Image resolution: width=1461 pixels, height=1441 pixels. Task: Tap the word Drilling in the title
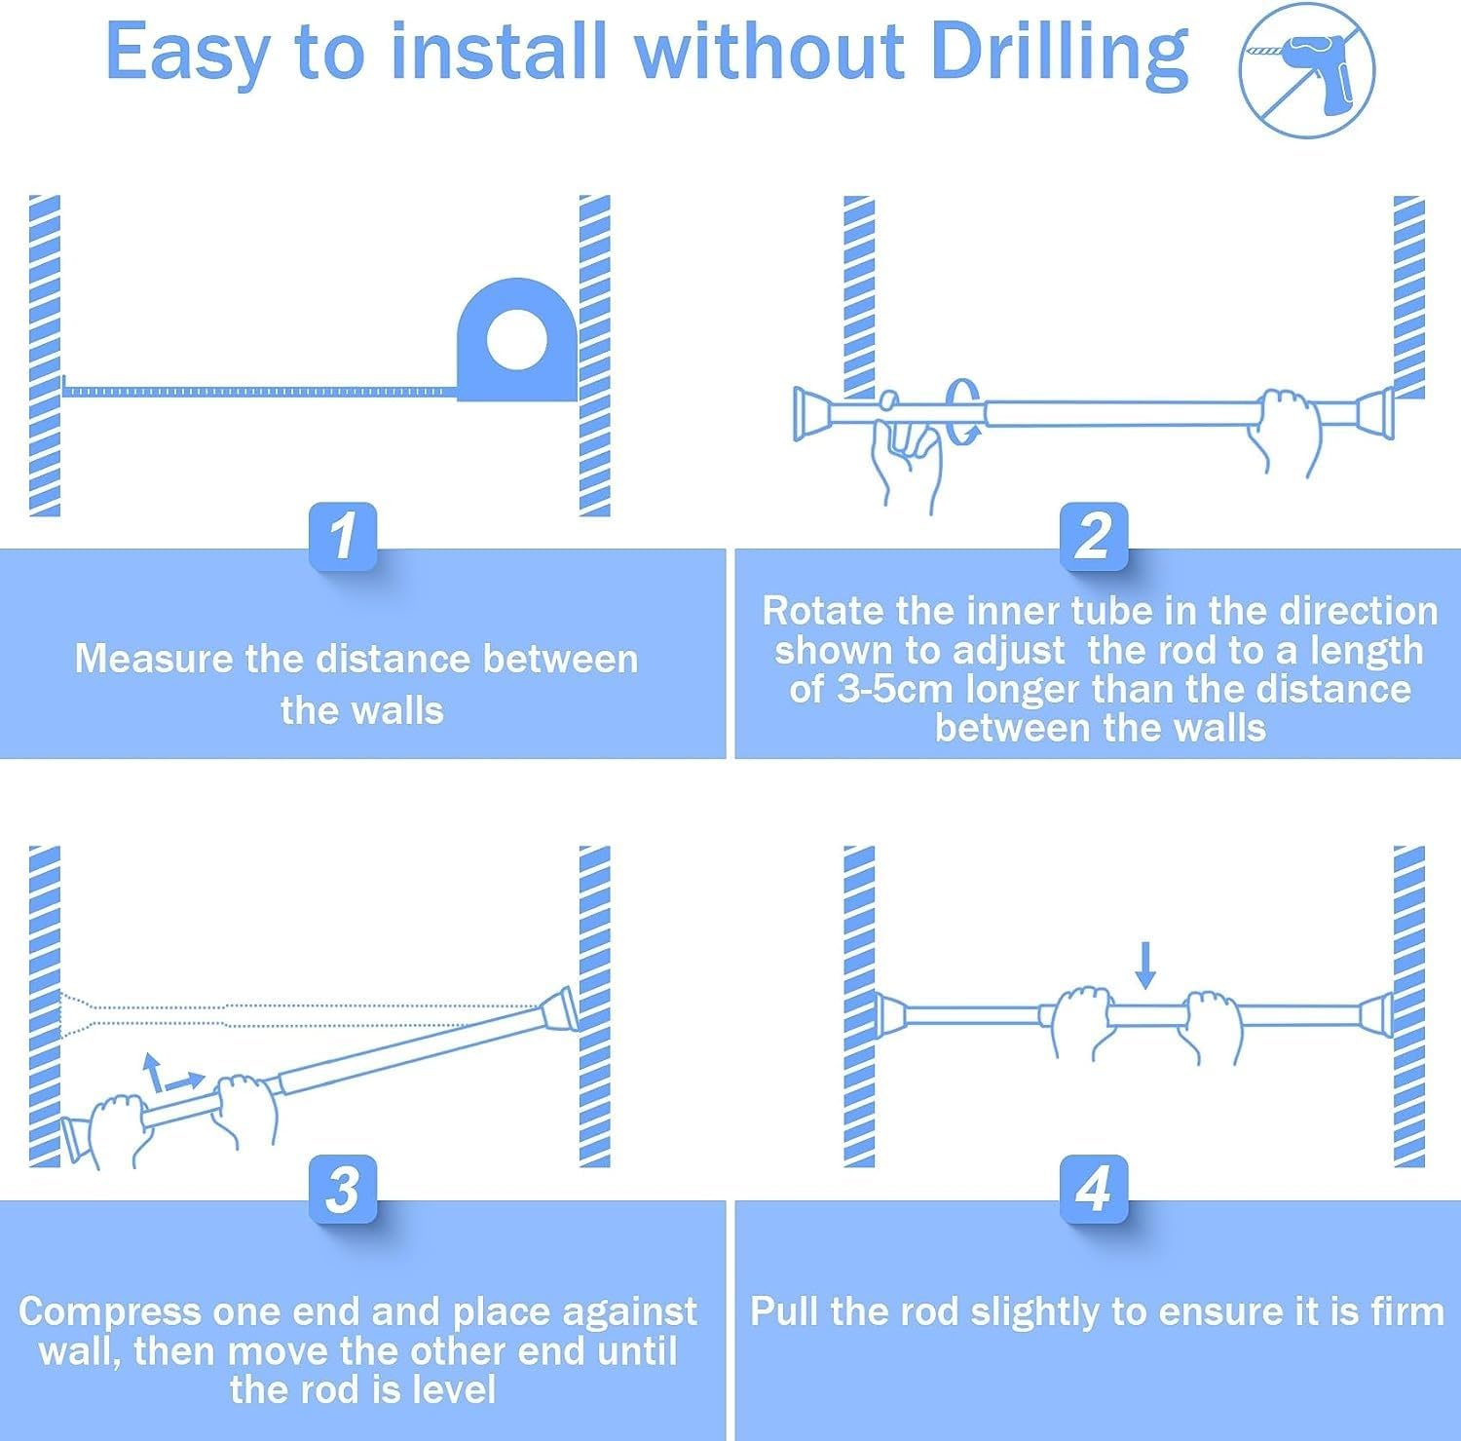pos(1060,54)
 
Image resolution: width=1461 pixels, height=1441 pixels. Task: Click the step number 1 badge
pos(343,536)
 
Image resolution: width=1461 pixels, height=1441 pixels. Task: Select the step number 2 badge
pos(1094,536)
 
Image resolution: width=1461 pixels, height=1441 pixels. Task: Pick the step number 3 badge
pos(343,1190)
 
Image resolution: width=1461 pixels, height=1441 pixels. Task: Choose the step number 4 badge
pos(1094,1190)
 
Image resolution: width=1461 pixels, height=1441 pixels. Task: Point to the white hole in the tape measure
pos(516,340)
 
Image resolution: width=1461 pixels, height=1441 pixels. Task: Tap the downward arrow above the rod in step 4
pos(1145,965)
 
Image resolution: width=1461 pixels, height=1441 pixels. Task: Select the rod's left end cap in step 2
pos(813,413)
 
